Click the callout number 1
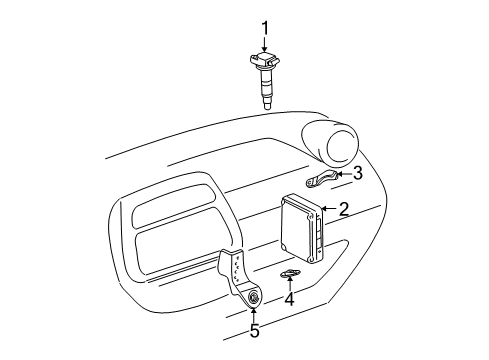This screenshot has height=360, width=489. (265, 27)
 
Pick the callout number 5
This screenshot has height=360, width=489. (254, 331)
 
